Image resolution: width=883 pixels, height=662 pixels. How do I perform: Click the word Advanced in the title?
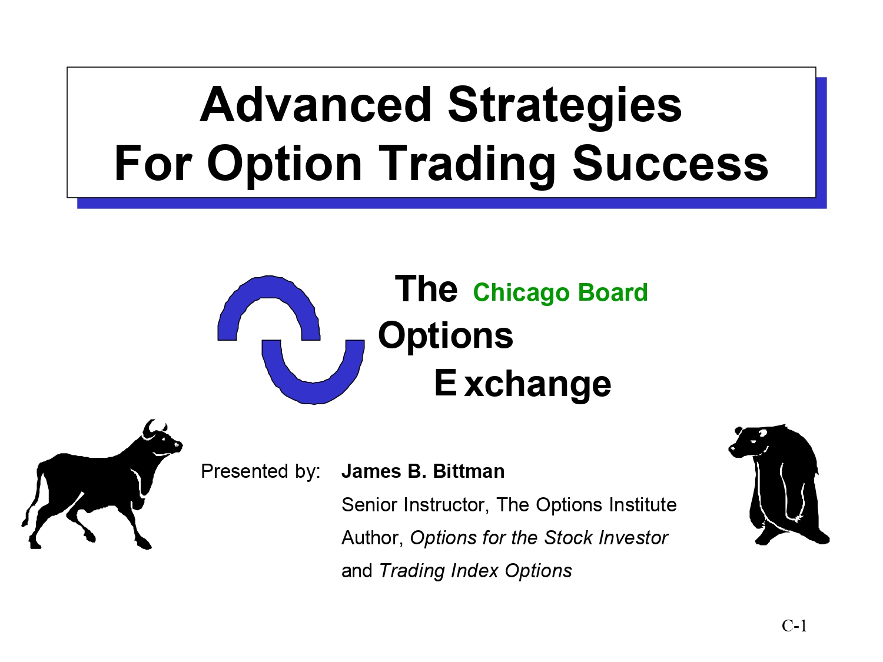316,105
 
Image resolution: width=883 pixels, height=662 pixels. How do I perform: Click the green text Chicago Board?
560,292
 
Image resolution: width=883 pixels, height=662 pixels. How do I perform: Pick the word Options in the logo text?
445,337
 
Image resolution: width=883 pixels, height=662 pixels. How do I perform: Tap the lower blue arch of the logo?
313,392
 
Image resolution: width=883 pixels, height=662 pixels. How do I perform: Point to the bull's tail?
33,498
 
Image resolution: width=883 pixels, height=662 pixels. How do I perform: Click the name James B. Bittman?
423,471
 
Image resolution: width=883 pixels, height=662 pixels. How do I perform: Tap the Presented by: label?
260,471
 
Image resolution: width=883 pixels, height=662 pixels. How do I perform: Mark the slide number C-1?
794,626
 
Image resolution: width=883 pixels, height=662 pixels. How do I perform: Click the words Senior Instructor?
413,505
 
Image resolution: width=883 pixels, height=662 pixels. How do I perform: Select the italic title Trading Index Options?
476,571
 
